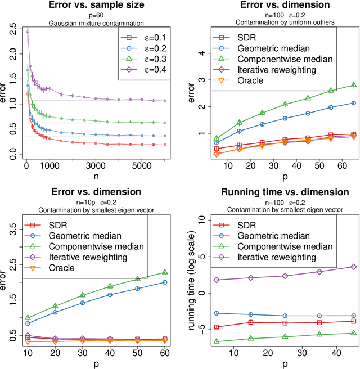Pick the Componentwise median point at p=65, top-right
(353, 84)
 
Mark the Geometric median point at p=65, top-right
(353, 103)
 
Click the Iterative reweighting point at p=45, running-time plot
(353, 267)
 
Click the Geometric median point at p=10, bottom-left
(28, 323)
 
